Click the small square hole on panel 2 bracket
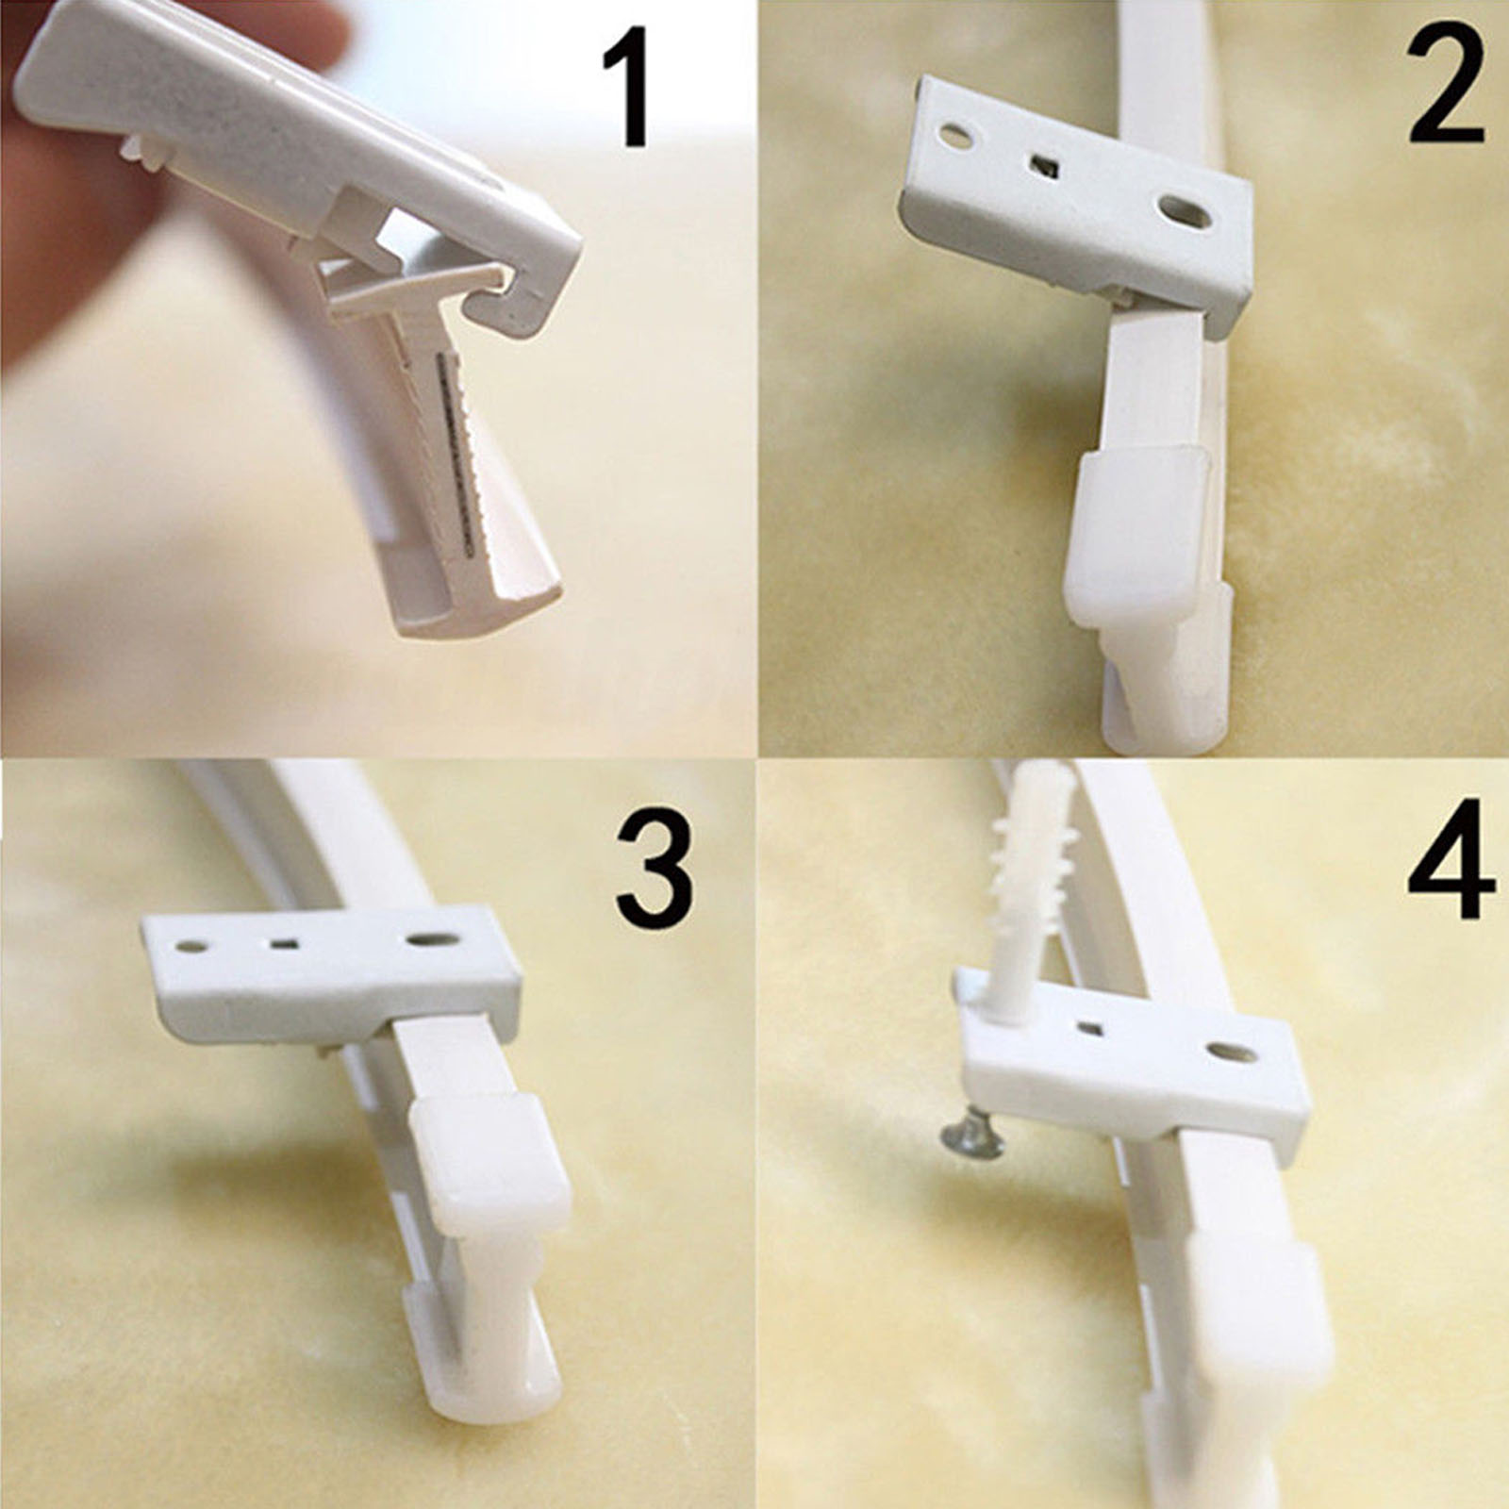1042,167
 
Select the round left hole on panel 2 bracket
955,138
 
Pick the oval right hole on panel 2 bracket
1186,211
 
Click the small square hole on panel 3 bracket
282,941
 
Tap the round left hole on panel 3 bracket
191,944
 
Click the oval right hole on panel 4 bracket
1230,1051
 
